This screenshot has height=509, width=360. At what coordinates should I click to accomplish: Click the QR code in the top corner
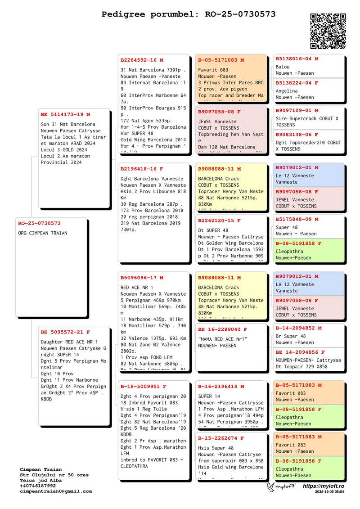328,31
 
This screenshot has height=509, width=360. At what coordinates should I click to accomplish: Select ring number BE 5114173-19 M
65,115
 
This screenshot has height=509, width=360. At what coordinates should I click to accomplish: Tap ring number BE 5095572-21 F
65,332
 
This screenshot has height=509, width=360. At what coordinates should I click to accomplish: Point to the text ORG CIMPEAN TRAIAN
43,233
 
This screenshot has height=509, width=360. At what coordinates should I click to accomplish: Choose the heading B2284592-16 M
142,60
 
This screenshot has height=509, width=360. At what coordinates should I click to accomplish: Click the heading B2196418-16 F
142,169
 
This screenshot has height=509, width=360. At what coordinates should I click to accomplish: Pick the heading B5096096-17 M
142,278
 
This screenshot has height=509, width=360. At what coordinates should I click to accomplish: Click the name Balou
283,67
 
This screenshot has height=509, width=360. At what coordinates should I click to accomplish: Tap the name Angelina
287,91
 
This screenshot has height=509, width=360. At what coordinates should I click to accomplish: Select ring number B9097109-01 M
297,110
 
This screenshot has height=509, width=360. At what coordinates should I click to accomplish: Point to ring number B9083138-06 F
297,135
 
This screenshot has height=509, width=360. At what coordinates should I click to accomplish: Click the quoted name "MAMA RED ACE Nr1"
223,339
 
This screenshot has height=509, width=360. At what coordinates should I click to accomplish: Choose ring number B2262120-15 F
220,221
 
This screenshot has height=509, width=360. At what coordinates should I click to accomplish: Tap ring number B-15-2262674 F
221,438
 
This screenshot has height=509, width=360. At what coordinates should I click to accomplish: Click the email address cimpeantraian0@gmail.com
56,491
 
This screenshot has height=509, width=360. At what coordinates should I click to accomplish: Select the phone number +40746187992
38,486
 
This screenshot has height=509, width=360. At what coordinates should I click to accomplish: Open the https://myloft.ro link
323,486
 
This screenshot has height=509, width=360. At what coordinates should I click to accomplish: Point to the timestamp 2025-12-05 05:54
329,492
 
